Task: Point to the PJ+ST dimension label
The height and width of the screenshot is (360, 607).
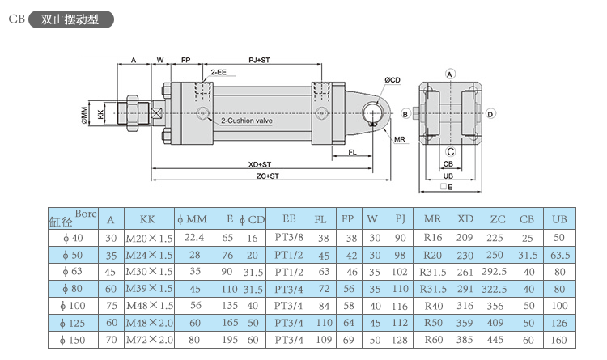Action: pos(259,61)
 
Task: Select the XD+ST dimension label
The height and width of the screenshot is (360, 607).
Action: pos(259,164)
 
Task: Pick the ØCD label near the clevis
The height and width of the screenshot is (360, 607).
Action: pos(393,79)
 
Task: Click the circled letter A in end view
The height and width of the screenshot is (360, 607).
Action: pos(450,74)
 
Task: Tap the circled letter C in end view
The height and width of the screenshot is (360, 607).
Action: pos(450,150)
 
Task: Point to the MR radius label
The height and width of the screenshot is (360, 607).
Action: pos(399,139)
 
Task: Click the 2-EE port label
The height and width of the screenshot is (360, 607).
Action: pos(219,72)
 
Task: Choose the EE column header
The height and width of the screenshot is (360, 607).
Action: pos(289,218)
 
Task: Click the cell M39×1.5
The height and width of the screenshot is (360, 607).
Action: pos(150,288)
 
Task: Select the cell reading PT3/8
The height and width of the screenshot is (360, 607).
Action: pos(289,238)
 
